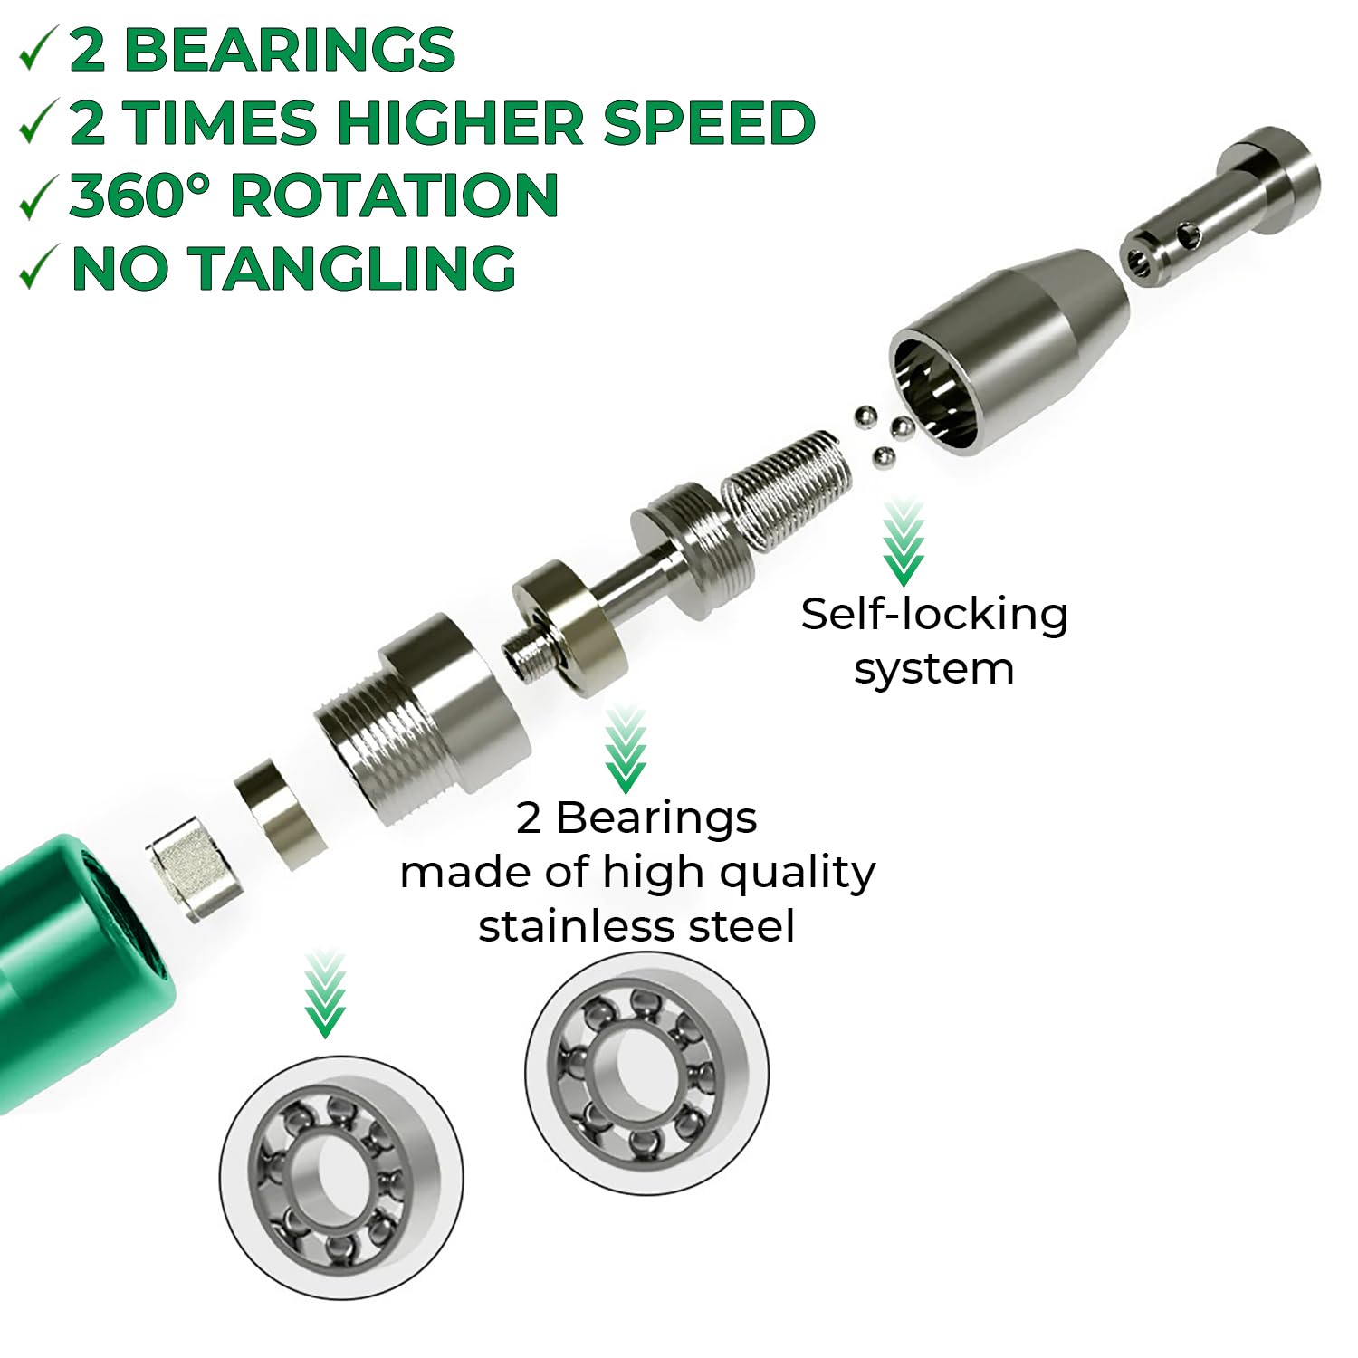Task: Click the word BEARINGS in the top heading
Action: (289, 50)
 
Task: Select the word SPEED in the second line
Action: (709, 122)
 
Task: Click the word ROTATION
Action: (394, 196)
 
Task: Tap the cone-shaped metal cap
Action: (1009, 349)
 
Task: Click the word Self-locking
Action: (934, 615)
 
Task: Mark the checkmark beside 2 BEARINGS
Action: (39, 50)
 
